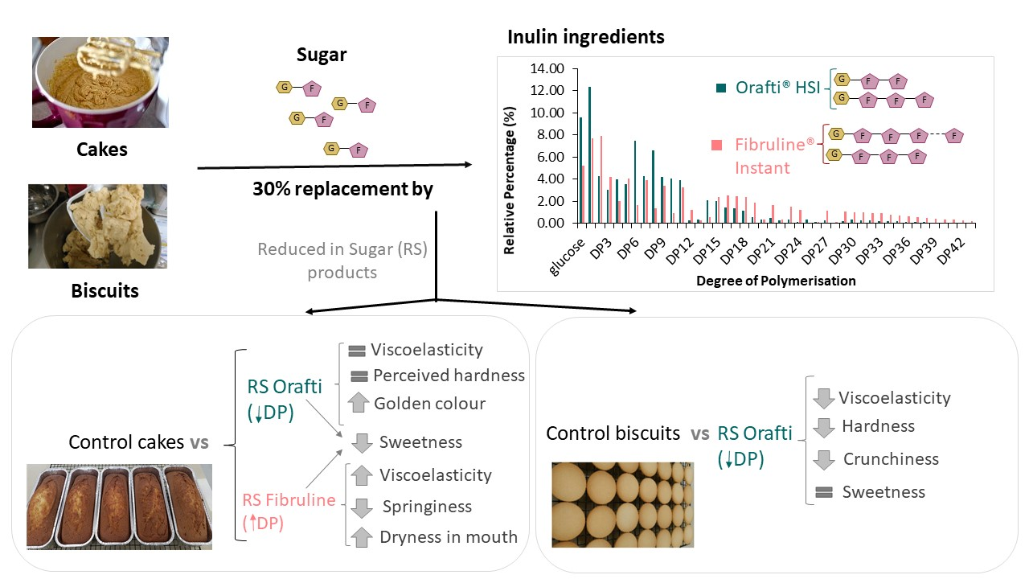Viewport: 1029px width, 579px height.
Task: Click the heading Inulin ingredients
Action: [586, 37]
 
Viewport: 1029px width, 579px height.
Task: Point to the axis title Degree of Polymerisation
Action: [775, 281]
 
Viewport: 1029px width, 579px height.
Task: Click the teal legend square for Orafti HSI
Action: [721, 88]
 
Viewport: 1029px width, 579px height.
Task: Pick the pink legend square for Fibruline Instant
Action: [717, 145]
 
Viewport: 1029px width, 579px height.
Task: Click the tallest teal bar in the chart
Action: [589, 154]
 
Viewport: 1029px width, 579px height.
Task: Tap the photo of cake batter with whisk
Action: [100, 82]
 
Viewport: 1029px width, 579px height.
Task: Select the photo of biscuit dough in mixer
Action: [97, 226]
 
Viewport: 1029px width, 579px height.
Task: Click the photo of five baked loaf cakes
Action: [119, 506]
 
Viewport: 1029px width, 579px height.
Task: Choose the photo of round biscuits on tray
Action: [622, 504]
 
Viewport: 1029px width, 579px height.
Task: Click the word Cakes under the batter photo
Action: [102, 150]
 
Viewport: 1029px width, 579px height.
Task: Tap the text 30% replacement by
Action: [342, 190]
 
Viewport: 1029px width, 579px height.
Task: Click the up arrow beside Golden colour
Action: [358, 404]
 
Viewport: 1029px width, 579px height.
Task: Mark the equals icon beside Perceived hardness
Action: [359, 376]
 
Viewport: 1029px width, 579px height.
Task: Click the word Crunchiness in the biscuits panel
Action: [891, 459]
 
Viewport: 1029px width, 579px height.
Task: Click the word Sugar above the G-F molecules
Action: [322, 55]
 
